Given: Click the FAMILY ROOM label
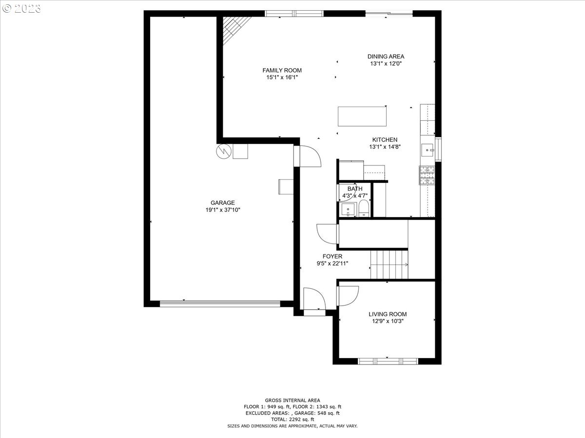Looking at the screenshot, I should click(x=282, y=71).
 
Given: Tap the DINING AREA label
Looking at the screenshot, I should click(x=386, y=56).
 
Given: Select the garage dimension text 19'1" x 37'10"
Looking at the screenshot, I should click(x=223, y=210).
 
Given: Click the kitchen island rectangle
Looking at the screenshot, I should click(x=362, y=116).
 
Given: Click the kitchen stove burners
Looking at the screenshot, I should click(x=427, y=176).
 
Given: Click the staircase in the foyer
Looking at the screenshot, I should click(x=389, y=264).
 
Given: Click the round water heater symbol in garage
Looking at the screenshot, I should click(x=224, y=151).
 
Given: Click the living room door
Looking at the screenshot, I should click(x=347, y=295).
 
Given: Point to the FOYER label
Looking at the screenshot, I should click(x=332, y=256).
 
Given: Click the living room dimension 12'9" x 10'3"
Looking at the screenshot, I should click(x=387, y=321).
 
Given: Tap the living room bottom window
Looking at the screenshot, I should click(x=388, y=361).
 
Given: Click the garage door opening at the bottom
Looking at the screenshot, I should click(x=220, y=304).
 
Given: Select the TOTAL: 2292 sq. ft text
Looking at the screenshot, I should click(x=292, y=419).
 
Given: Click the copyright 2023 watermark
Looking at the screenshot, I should click(x=22, y=8).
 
